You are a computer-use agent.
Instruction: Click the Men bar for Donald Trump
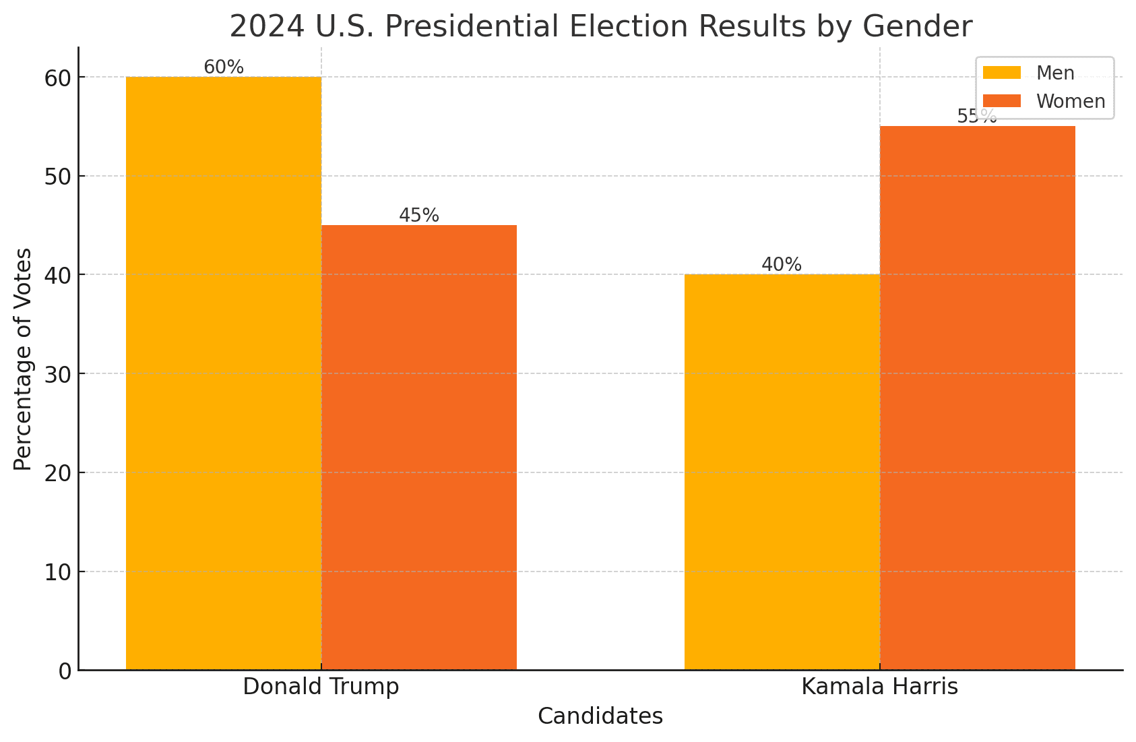(224, 373)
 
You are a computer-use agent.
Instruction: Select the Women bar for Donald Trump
(418, 447)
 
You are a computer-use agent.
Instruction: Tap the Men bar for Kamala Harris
(782, 472)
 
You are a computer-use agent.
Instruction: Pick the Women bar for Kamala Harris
(977, 398)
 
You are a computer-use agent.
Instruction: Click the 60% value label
(224, 67)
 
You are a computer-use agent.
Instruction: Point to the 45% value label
(418, 216)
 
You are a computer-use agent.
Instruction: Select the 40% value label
(782, 265)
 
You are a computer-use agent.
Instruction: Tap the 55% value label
(977, 117)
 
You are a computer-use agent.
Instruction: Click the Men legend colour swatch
(1002, 73)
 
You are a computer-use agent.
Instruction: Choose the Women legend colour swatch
(1002, 101)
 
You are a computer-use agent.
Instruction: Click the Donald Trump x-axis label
(321, 687)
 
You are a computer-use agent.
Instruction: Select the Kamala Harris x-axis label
(879, 687)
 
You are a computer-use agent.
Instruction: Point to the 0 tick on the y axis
(65, 671)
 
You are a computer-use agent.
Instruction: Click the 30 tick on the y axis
(58, 374)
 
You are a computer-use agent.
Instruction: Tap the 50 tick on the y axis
(58, 177)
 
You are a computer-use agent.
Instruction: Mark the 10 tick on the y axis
(58, 572)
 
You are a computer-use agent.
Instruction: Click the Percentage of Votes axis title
(23, 359)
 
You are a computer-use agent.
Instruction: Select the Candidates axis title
(600, 716)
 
